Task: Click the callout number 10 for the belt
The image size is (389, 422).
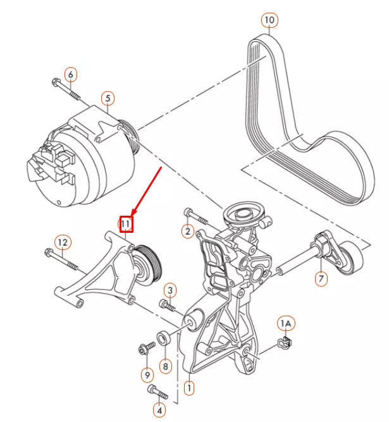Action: click(270, 21)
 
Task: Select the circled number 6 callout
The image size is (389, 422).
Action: click(71, 75)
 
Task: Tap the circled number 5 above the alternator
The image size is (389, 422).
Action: click(108, 98)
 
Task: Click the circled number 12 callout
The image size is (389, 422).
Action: click(62, 242)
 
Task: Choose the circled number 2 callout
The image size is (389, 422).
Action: click(187, 232)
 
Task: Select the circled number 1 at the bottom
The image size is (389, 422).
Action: click(188, 385)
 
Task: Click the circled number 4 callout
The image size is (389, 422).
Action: click(159, 411)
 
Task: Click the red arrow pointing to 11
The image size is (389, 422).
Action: click(147, 190)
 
